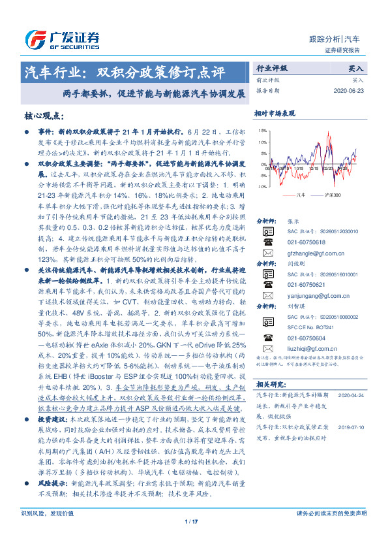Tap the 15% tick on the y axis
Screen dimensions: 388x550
(x=262, y=131)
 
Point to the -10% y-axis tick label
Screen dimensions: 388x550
(x=261, y=186)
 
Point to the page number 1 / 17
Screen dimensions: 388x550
(x=192, y=521)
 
